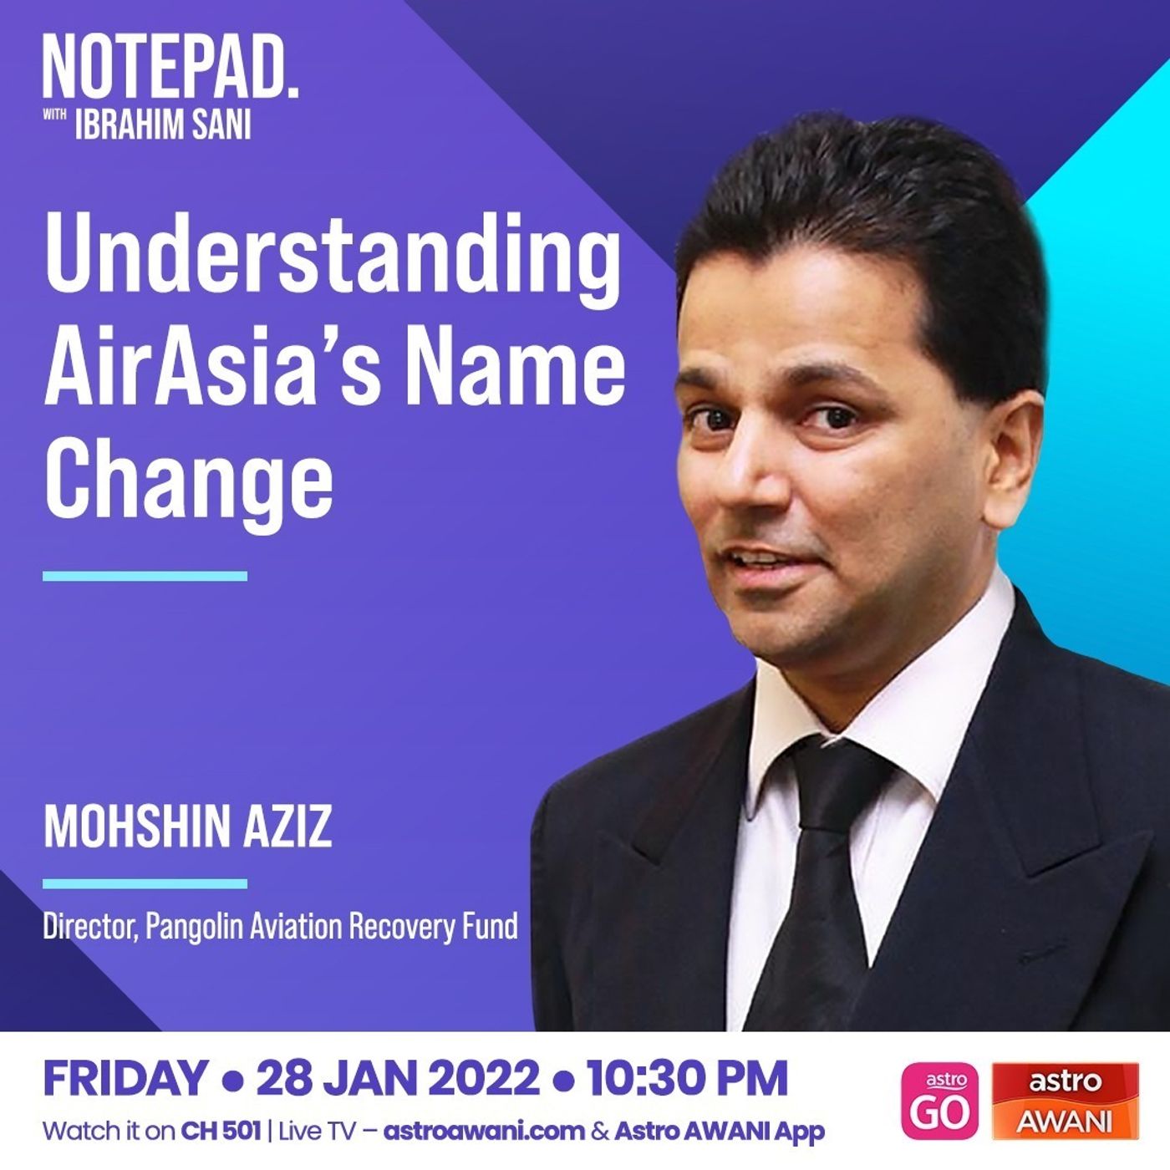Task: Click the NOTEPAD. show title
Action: (170, 67)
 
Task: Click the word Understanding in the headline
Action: (333, 255)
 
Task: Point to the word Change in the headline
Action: (188, 480)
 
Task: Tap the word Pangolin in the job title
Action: (194, 927)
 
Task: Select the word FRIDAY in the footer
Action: (125, 1079)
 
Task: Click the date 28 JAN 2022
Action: (398, 1079)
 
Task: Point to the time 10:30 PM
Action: (687, 1079)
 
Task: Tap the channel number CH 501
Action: (221, 1132)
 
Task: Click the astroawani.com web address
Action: (484, 1132)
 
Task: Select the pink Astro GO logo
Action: (940, 1101)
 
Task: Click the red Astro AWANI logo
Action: (1066, 1101)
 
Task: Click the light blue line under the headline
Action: (145, 576)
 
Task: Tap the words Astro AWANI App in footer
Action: (720, 1132)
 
